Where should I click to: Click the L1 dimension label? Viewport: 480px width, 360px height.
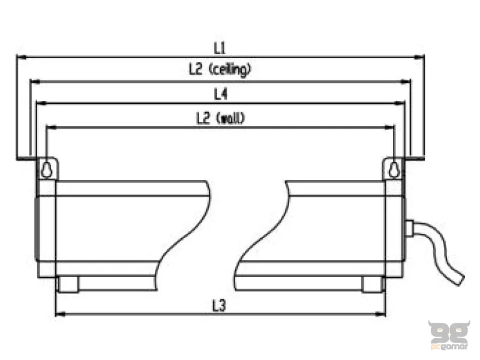click(x=220, y=48)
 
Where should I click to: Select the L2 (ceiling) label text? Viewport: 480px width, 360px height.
click(x=220, y=70)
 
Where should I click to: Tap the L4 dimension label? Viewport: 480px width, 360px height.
click(x=220, y=94)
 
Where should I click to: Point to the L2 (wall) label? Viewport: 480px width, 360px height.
click(x=220, y=118)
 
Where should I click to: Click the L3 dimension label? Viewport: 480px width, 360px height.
click(x=219, y=305)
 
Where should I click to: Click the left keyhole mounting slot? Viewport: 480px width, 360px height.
click(x=46, y=169)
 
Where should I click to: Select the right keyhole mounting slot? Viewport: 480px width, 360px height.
click(x=394, y=169)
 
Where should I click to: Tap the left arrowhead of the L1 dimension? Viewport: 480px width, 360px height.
click(x=22, y=57)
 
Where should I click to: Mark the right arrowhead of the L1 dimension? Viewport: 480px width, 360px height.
click(x=418, y=57)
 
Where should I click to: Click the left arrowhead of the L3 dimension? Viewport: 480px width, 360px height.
click(x=61, y=314)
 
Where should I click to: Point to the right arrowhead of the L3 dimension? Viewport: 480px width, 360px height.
click(x=380, y=314)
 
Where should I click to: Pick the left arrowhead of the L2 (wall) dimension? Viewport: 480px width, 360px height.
click(x=52, y=127)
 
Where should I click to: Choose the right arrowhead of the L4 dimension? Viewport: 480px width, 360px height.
click(x=400, y=103)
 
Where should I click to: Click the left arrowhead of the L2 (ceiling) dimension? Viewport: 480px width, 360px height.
click(x=35, y=82)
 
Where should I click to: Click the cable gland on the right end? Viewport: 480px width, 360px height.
click(x=409, y=229)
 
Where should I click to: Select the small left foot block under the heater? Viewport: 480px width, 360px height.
click(x=68, y=284)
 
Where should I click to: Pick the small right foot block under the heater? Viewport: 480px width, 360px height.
click(x=372, y=284)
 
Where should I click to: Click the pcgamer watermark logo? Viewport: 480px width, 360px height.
click(x=449, y=335)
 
